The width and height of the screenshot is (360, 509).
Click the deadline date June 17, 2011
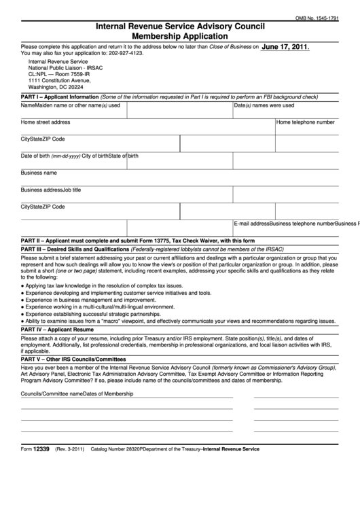coord(285,48)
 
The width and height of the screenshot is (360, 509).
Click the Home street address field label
coord(46,122)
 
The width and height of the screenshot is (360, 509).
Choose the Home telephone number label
coord(305,122)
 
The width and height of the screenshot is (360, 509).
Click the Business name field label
coord(39,173)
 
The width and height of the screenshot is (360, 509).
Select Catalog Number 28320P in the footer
coord(122,449)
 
